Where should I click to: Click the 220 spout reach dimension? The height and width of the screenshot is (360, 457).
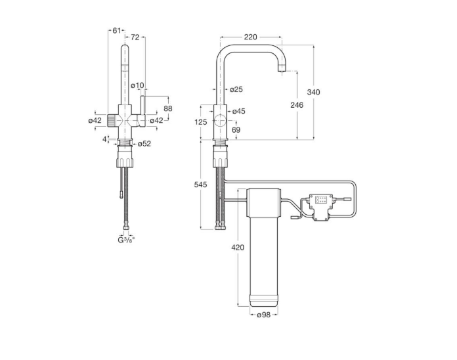point(251,37)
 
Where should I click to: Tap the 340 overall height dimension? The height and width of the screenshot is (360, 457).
point(313,92)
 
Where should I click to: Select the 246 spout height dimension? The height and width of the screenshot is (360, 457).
point(297,105)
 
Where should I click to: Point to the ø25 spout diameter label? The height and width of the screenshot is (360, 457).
point(236,89)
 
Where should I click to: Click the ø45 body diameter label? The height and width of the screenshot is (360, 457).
point(239,111)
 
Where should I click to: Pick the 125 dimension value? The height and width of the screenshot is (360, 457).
point(200,122)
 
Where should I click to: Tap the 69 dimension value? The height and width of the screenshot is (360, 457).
point(236,129)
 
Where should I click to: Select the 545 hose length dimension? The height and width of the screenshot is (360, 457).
point(200,185)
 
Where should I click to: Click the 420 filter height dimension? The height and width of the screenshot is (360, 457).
point(238,248)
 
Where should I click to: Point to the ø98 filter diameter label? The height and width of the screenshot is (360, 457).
point(264,315)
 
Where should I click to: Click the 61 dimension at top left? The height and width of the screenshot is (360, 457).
point(117,30)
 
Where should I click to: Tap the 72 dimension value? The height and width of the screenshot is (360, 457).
point(135,37)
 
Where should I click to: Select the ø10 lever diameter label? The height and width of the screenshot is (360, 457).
point(137,85)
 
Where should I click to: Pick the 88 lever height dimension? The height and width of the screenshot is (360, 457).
point(168,108)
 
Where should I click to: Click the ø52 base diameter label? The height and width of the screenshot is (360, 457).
point(144,144)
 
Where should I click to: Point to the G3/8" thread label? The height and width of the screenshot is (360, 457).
point(126,240)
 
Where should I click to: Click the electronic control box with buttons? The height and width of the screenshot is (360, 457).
point(320,207)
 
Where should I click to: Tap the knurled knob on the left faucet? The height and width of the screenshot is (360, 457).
point(112,120)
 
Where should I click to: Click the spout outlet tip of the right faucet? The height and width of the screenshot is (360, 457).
point(282,70)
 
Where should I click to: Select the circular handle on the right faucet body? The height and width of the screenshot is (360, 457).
point(220,120)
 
